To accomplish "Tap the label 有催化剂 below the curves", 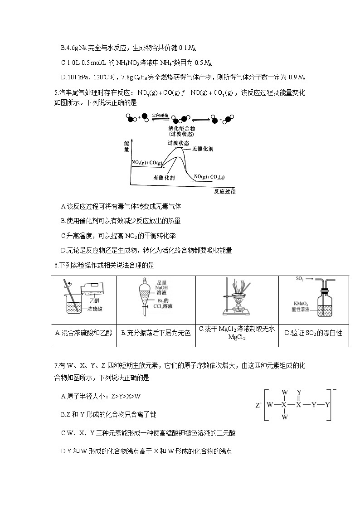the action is click(164, 177).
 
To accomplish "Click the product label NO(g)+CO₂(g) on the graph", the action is click(209, 177).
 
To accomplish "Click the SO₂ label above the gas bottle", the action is click(300, 279).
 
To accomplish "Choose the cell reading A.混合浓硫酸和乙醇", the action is click(83, 333).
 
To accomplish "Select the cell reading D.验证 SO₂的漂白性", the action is click(313, 333).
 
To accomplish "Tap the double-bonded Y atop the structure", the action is click(299, 392).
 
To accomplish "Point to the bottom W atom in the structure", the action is click(284, 417).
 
